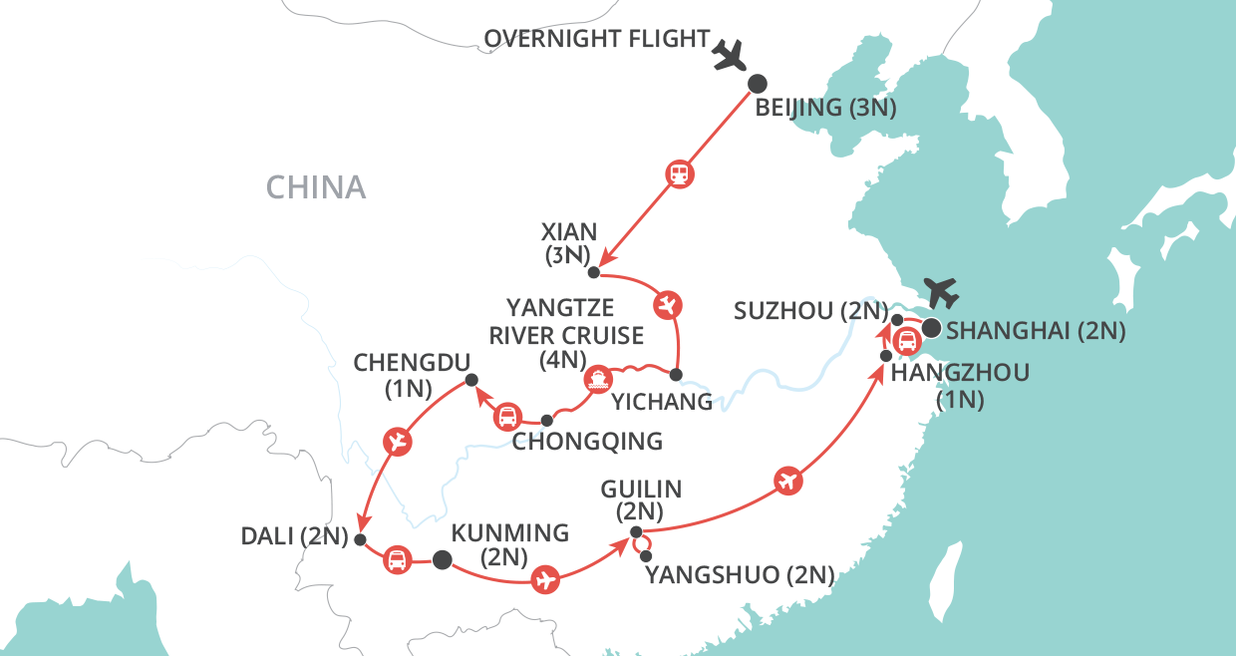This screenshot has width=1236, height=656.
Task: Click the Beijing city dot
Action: point(758,84)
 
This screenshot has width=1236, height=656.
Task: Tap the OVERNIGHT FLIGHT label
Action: point(597,40)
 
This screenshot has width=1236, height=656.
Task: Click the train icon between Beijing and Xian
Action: point(680,174)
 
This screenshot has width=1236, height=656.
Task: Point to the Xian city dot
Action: point(593,272)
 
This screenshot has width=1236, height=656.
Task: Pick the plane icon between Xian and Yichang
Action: point(667,302)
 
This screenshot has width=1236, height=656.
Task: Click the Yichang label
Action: point(662,402)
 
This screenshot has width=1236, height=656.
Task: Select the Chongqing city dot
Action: point(546,421)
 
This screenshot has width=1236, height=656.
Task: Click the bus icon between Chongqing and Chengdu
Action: point(507,416)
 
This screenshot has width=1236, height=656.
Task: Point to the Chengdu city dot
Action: point(472,379)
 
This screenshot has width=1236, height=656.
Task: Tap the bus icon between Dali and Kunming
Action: point(397,560)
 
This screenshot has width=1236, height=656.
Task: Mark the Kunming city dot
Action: point(441,560)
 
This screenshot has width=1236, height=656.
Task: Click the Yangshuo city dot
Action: point(647,555)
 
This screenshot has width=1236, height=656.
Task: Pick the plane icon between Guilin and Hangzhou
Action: point(787,481)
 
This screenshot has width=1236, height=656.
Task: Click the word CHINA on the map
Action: point(316,186)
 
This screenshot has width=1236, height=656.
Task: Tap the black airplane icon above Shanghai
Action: point(941,292)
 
